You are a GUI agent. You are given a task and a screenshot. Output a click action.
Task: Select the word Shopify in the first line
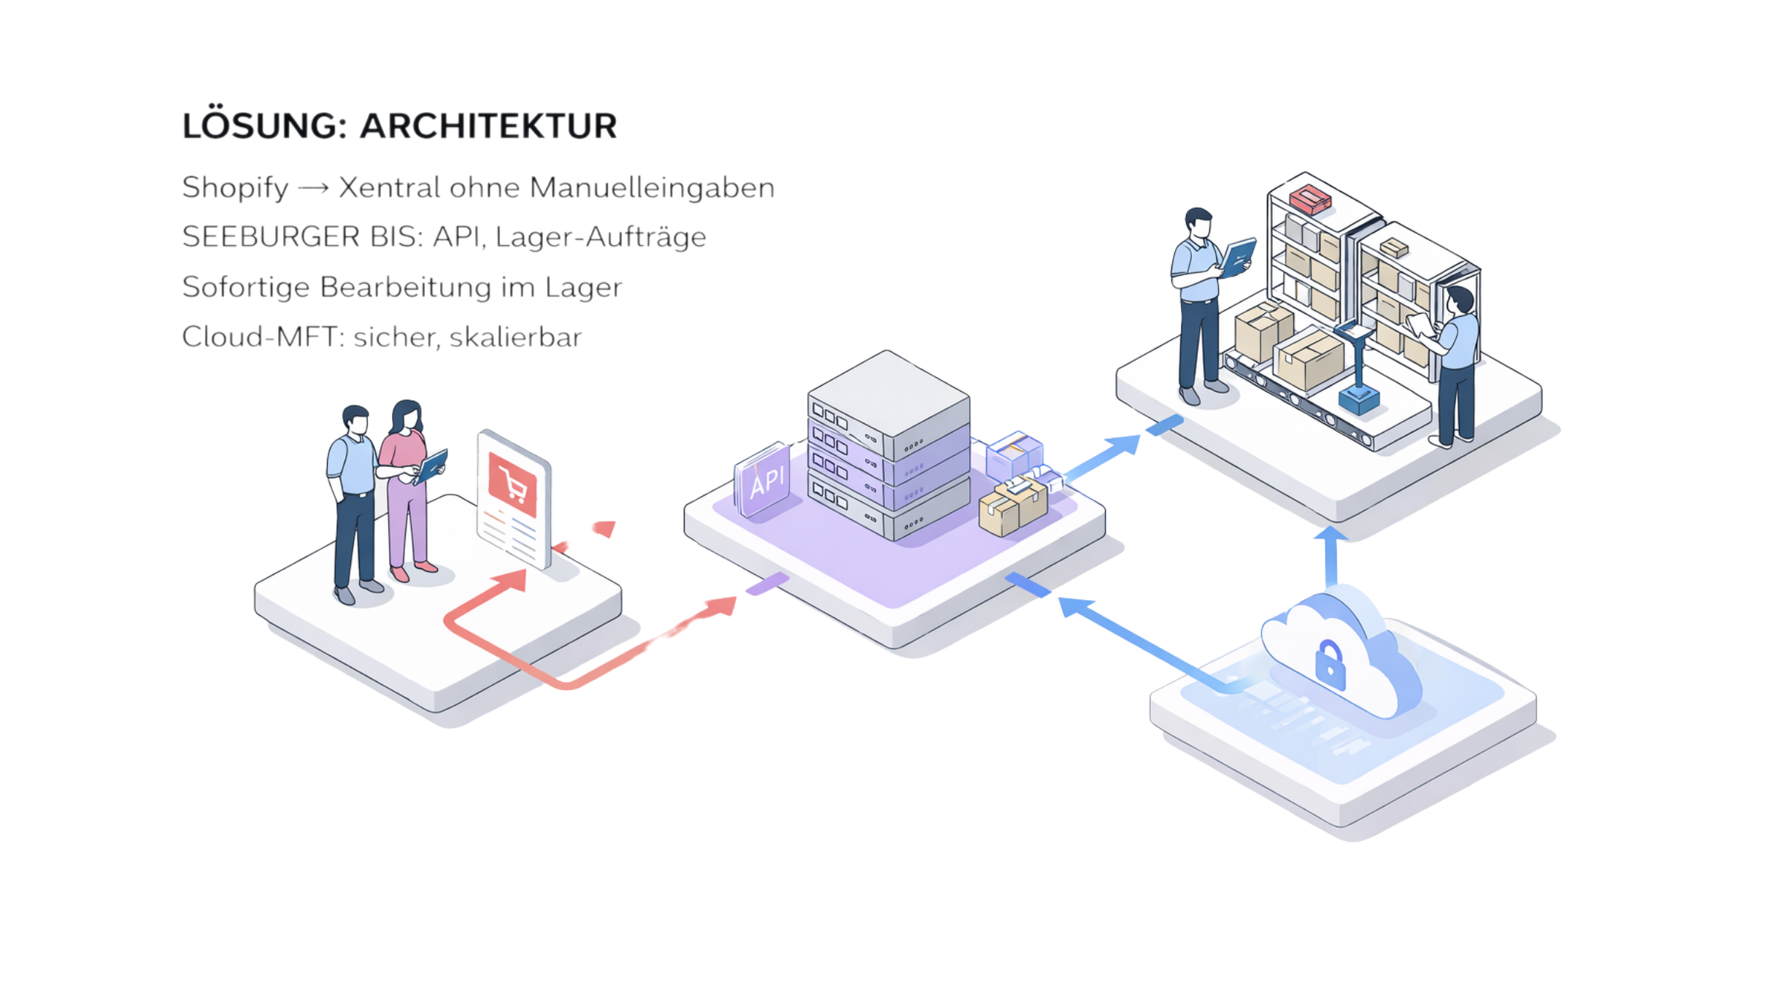coord(235,188)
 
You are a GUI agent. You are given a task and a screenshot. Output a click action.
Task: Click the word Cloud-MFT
coord(262,337)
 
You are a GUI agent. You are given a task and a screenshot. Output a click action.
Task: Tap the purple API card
coord(763,480)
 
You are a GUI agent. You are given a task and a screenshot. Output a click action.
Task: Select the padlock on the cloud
coord(1330,665)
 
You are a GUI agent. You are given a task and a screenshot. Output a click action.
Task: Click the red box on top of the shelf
coord(1309,198)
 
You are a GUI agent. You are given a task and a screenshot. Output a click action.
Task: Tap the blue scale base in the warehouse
coord(1358,399)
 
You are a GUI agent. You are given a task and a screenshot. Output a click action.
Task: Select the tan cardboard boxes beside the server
coord(1014,506)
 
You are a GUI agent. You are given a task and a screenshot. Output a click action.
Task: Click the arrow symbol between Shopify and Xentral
coord(314,188)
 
